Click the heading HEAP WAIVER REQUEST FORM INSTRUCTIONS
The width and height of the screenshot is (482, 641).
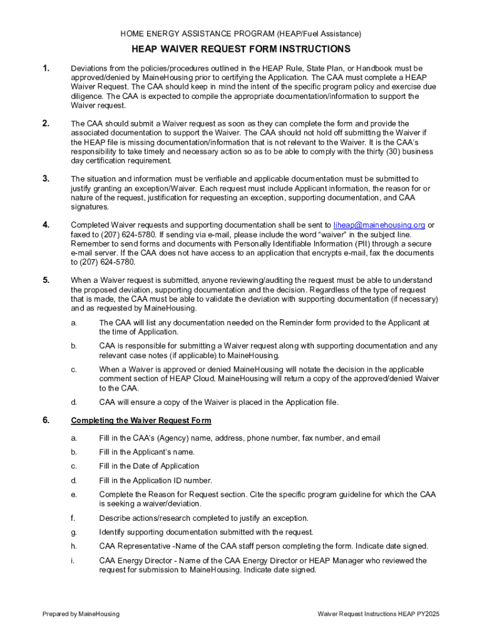point(241,49)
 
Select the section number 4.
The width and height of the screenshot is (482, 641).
point(46,225)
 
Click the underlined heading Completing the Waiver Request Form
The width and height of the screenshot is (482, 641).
point(141,420)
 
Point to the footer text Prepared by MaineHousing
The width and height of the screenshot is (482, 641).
point(81,614)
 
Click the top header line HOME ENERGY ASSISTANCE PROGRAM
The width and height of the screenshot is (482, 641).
point(241,33)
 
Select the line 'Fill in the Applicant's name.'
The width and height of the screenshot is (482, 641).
point(146,452)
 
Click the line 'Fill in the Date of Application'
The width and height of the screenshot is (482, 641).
point(149,466)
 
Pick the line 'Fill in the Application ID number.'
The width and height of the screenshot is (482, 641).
point(155,481)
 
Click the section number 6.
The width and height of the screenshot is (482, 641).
point(46,420)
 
